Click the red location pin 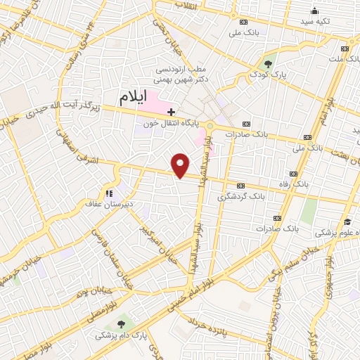coord(181,165)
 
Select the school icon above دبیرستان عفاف coord(108,193)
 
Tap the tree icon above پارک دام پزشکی coord(122,324)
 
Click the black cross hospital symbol coord(171,110)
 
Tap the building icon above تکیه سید coord(314,10)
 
